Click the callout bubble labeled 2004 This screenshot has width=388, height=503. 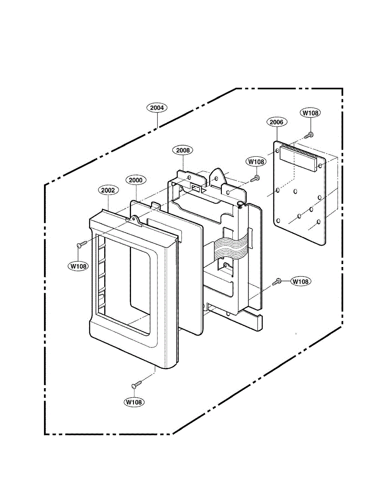tap(157, 108)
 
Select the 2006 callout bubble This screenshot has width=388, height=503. tap(277, 122)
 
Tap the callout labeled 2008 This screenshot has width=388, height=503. tap(183, 150)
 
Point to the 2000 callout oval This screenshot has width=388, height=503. tap(136, 180)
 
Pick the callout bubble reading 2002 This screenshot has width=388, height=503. tap(108, 190)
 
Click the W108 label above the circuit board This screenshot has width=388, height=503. tap(310, 113)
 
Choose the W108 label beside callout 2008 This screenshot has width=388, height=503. tap(256, 161)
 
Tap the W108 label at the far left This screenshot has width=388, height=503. tap(78, 266)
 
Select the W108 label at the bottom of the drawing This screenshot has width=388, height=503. tap(134, 402)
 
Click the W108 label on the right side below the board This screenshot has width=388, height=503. tap(301, 282)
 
